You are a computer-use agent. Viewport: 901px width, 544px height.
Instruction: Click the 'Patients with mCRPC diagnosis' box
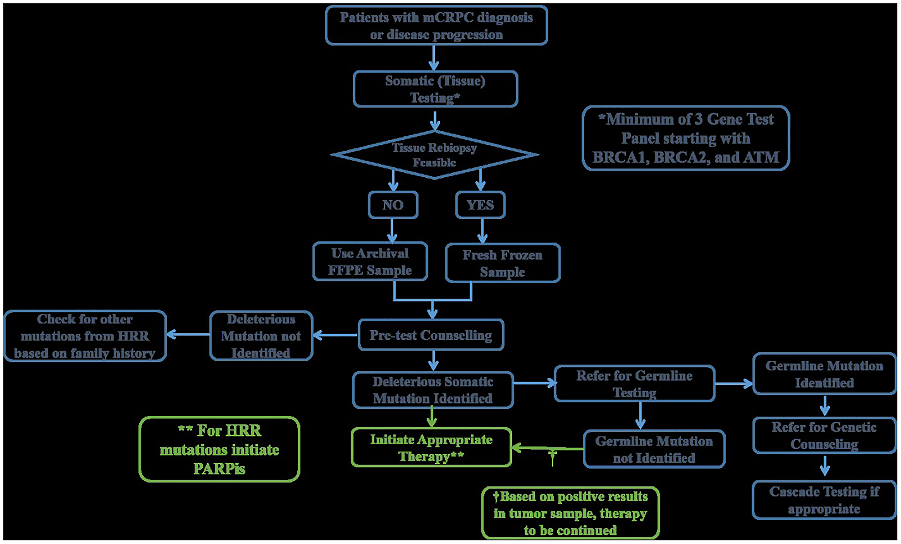pos(436,26)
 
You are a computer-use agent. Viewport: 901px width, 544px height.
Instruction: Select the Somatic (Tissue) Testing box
pos(435,89)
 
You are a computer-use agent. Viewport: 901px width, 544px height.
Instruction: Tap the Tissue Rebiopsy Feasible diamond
pos(434,155)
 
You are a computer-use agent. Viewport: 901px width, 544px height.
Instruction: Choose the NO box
pos(393,205)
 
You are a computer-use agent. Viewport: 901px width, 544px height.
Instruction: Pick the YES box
pos(480,205)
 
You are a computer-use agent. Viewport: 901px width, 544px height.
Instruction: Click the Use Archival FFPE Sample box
pos(370,262)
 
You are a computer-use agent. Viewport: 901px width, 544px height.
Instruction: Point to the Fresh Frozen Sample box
pos(502,263)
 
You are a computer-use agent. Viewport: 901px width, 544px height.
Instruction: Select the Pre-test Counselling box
pos(431,335)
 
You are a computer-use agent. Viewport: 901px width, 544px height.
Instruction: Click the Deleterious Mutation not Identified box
pos(261,336)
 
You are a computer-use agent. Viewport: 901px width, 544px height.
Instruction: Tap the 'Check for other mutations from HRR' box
pos(85,336)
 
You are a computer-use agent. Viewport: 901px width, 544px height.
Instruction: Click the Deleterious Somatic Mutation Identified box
pos(432,390)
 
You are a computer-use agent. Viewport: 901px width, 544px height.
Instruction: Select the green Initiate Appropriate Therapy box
pos(431,447)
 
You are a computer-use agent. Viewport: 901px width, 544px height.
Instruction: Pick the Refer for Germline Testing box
pos(634,384)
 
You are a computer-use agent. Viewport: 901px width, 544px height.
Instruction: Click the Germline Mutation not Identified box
pos(654,449)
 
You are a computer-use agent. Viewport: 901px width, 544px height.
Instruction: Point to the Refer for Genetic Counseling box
pos(824,435)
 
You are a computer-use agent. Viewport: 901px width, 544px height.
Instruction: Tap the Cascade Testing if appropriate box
pos(824,500)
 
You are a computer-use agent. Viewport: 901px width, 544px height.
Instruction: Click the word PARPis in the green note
pos(219,469)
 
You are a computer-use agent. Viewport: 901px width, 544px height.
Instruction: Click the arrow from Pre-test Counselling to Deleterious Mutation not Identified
pos(335,335)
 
